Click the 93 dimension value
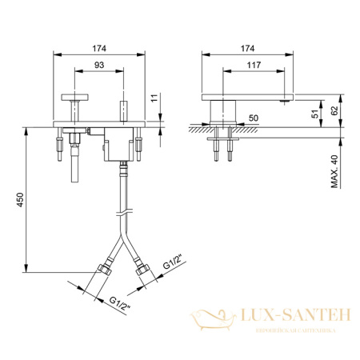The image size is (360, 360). (99, 65)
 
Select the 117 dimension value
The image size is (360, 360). (254, 65)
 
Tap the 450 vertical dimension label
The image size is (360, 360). (20, 200)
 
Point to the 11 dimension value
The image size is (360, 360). (154, 98)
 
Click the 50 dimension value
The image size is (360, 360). (254, 118)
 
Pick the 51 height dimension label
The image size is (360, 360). (315, 114)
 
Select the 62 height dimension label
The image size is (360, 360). (334, 110)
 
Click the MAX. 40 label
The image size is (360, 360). (334, 171)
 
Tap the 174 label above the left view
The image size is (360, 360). (99, 49)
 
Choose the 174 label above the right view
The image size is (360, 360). (247, 49)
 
